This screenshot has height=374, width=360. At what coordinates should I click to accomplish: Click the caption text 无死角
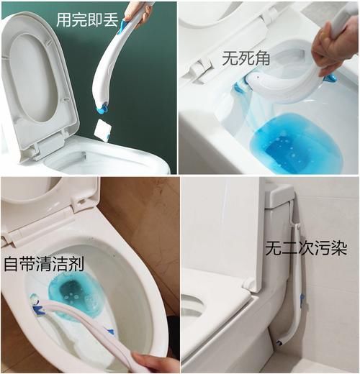click(246, 58)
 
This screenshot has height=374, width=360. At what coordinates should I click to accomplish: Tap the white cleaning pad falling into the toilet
click(102, 130)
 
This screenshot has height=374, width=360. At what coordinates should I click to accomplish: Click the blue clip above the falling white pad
click(102, 109)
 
